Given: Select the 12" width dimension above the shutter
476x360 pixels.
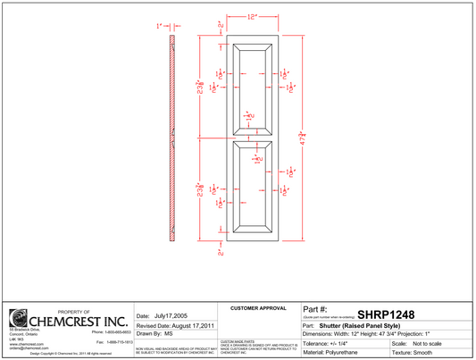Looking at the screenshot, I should (253, 17).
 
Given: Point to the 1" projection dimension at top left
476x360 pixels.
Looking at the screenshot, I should (159, 27).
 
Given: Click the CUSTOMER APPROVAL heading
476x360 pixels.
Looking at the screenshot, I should (257, 307).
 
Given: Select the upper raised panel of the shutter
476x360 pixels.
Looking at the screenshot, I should (254, 88).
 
